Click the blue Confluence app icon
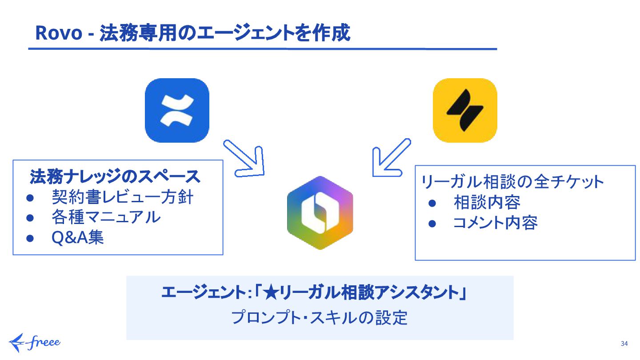coord(177,110)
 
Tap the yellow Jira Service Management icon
coord(465,110)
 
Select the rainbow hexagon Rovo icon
coord(320,212)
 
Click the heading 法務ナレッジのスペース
coord(115,177)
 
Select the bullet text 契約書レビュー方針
coord(123,197)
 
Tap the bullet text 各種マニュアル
coord(106,217)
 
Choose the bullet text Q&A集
coord(78,237)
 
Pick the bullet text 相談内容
coord(487,202)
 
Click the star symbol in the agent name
coord(271,293)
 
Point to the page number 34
coord(624,344)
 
